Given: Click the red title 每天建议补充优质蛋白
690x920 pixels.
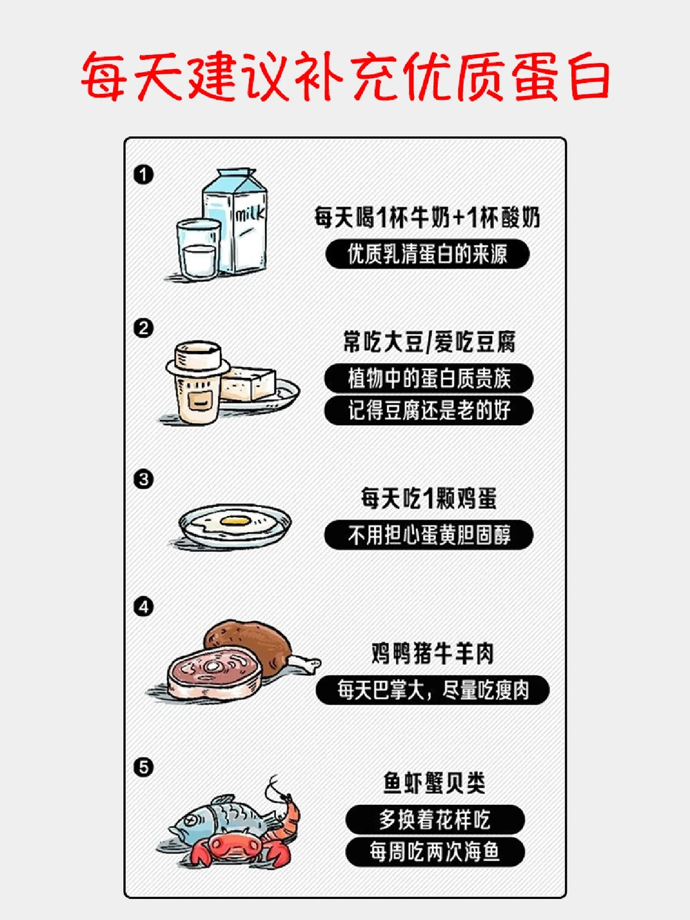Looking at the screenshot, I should tap(345, 77).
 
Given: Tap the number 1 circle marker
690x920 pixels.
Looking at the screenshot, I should tap(144, 174).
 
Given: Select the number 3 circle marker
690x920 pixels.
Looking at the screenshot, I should tap(144, 479).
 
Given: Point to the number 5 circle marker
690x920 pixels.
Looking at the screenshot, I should tap(144, 767).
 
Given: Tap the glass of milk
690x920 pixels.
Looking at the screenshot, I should tap(199, 249).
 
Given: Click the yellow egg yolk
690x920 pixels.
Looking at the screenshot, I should tap(235, 520).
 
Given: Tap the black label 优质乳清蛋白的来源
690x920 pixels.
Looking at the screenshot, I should tap(427, 254).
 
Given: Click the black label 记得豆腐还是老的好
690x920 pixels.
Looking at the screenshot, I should tap(429, 410).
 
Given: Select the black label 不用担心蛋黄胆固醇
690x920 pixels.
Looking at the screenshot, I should tap(429, 535).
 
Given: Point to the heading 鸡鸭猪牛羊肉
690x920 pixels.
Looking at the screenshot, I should tap(433, 653).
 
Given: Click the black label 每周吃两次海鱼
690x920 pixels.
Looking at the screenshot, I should tap(435, 852).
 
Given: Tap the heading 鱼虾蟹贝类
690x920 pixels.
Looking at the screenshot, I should tap(434, 782).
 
